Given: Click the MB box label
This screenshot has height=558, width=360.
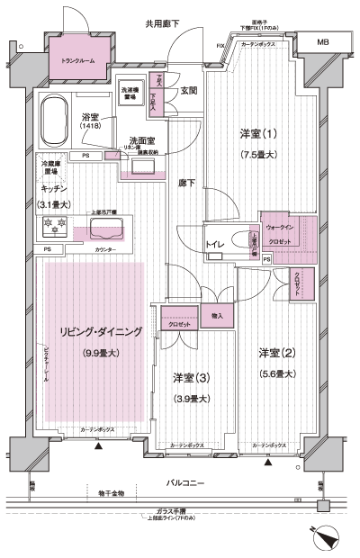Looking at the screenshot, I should pos(322,41).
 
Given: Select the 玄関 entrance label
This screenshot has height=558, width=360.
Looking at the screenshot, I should pos(189,90).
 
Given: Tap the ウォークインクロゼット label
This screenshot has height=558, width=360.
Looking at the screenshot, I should pos(288,234).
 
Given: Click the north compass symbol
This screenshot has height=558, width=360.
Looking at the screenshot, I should pos(325,535).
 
